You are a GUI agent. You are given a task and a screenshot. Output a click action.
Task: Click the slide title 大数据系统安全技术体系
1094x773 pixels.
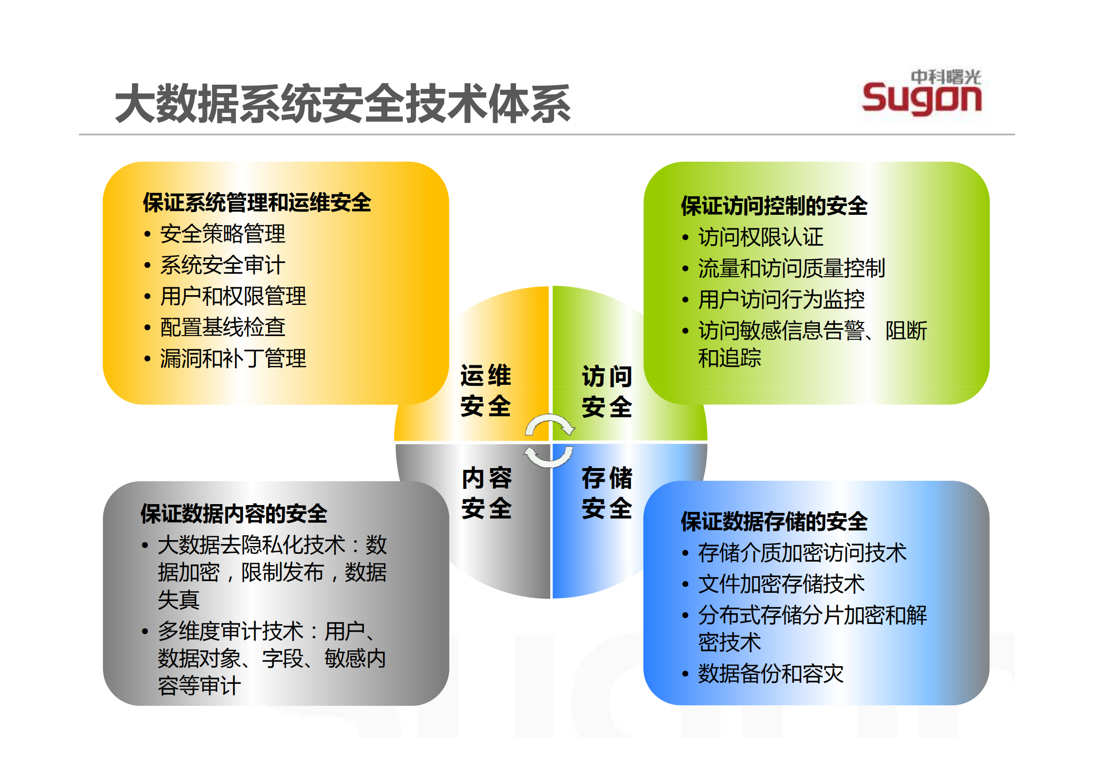click(343, 103)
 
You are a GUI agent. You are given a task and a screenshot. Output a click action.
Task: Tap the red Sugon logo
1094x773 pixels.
click(921, 99)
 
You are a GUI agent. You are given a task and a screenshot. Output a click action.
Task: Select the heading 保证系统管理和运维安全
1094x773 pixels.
click(257, 203)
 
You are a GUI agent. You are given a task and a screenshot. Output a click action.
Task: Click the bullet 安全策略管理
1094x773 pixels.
click(223, 234)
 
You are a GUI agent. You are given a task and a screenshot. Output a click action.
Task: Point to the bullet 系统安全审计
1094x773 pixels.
click(223, 265)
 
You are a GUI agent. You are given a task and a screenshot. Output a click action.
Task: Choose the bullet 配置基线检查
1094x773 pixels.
click(223, 327)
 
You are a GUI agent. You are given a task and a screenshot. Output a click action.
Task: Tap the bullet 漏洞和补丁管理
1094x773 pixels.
click(233, 358)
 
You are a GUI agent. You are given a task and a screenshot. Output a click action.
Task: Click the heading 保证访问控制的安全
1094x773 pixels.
click(774, 206)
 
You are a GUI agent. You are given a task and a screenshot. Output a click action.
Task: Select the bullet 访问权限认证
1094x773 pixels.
click(761, 237)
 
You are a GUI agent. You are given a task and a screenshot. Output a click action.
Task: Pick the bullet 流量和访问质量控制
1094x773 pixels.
click(791, 268)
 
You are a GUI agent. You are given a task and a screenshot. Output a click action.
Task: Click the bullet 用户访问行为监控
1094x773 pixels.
click(781, 300)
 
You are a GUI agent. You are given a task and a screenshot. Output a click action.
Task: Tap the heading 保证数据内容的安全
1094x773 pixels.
click(234, 513)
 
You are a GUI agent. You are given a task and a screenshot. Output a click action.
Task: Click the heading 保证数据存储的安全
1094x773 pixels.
click(774, 522)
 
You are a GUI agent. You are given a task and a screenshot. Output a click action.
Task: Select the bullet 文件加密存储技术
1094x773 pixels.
click(781, 584)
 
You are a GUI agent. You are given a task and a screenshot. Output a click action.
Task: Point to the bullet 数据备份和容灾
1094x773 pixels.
click(770, 674)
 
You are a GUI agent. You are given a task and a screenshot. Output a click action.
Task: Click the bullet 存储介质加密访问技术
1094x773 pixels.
click(802, 553)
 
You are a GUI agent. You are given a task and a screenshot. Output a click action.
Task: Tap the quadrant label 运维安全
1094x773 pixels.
click(486, 391)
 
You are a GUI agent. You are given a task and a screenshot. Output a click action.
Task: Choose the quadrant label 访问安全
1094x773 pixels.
click(607, 392)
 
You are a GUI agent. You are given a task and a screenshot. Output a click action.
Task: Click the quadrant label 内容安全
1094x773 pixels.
click(487, 493)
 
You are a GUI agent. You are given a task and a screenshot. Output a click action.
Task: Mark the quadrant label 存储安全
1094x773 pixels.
click(607, 493)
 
